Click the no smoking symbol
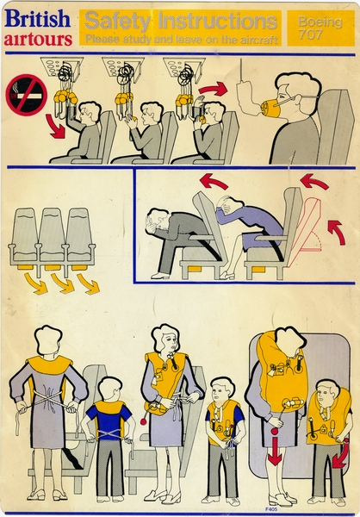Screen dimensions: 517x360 click(26, 93)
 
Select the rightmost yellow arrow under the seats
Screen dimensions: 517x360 click(88, 282)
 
